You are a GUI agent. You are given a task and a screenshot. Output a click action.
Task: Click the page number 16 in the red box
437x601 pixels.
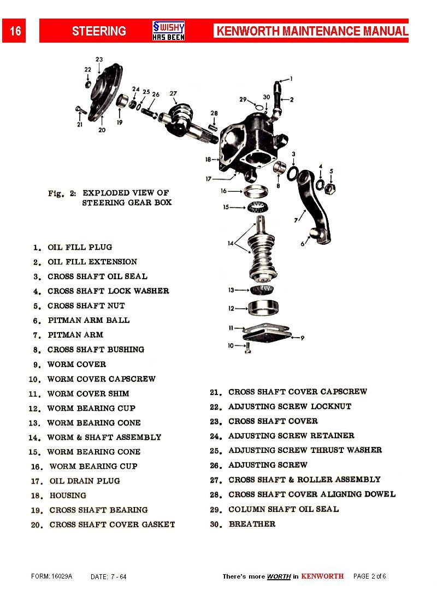[x=15, y=31]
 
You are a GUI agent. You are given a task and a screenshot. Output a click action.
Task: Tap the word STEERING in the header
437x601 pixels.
[x=99, y=31]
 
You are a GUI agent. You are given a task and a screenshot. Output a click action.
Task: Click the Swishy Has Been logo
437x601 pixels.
[x=168, y=31]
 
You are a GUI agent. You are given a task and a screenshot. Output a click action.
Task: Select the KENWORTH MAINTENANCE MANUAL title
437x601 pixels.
[x=312, y=31]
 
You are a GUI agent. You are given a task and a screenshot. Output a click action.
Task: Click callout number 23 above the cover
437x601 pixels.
[x=99, y=60]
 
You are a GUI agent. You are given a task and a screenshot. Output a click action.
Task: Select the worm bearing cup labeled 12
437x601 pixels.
[x=264, y=308]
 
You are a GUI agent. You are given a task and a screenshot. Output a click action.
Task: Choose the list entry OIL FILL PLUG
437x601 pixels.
[x=80, y=247]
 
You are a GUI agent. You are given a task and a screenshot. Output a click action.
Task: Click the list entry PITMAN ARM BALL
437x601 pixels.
[x=88, y=320]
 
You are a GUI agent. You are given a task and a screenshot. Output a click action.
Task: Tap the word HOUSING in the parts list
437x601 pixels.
[x=68, y=496]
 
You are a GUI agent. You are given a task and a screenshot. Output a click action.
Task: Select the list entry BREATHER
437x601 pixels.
[x=252, y=524]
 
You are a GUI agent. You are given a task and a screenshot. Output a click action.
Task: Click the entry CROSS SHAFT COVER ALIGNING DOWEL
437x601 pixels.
[x=311, y=494]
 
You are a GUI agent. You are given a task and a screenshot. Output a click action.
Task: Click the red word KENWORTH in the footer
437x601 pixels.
[x=322, y=576]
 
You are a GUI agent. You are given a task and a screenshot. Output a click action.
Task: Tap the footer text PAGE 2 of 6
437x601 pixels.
[x=370, y=576]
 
